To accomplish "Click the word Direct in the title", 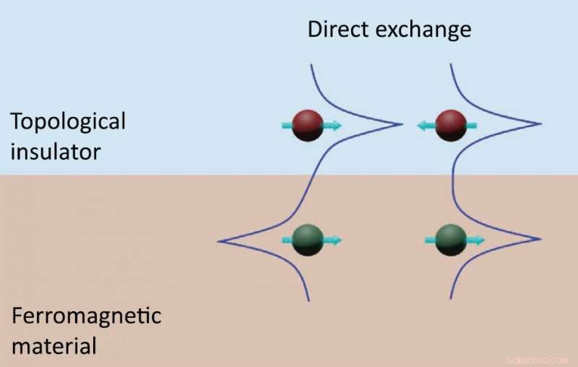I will click(335, 30).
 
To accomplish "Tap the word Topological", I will click(68, 121).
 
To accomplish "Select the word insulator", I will click(56, 152).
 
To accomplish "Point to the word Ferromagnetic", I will click(86, 316).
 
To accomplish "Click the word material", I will click(53, 346).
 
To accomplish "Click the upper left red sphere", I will click(307, 125).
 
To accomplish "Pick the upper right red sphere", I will click(450, 125).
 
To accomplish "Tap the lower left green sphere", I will click(307, 240).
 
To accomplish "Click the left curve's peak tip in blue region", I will click(401, 124).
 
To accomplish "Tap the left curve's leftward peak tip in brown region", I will click(219, 240).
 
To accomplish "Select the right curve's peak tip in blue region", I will click(540, 124).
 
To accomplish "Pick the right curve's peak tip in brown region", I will click(540, 238).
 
